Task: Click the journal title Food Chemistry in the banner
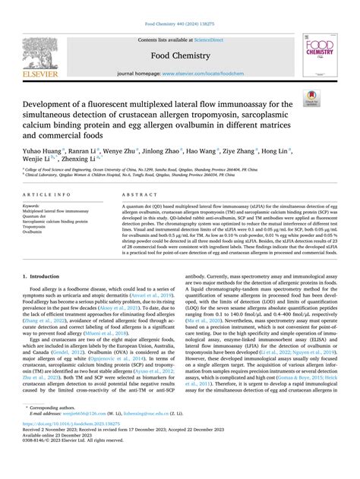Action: click(179, 55)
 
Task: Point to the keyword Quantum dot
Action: click(38, 216)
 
